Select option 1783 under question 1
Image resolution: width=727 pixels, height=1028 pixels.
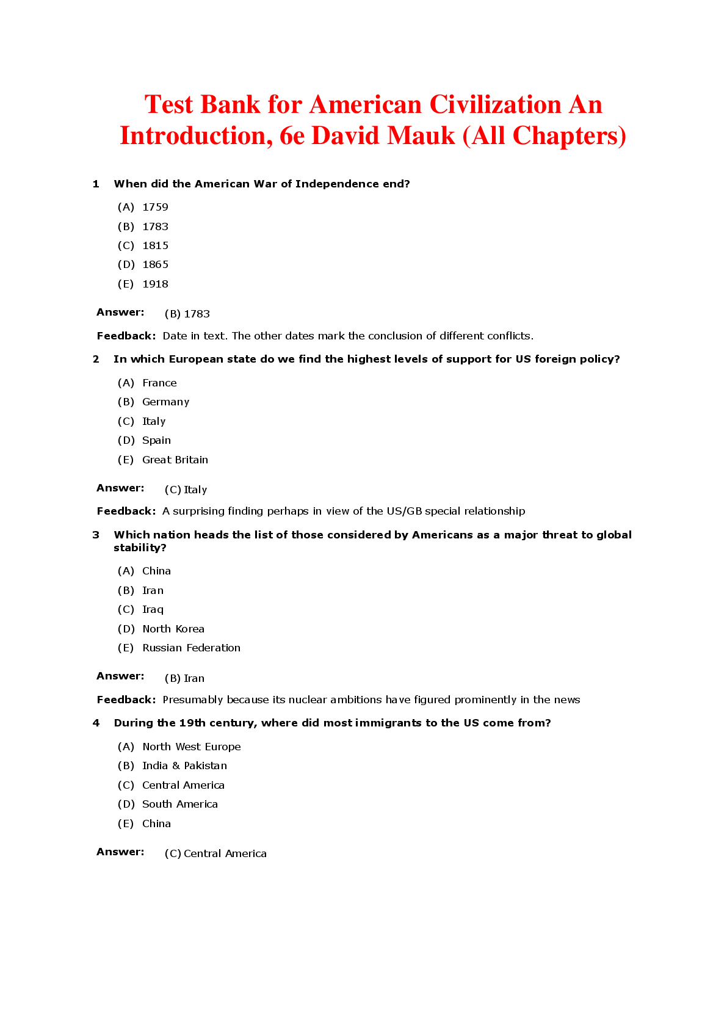[x=155, y=226]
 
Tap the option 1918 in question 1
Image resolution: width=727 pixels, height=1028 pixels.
[x=155, y=284]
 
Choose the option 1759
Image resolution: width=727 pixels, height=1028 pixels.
[x=155, y=207]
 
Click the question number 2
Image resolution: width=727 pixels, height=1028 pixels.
[x=96, y=359]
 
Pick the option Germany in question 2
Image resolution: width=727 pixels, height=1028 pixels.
[x=165, y=402]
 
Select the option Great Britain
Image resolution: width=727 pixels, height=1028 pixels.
[x=175, y=460]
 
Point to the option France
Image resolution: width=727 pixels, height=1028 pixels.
[x=159, y=383]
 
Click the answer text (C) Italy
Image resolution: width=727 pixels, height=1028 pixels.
[x=186, y=490]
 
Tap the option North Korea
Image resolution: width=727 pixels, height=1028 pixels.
[x=173, y=629]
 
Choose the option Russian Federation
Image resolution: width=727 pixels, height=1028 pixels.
[x=191, y=648]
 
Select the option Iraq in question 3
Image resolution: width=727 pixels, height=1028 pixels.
[x=153, y=609]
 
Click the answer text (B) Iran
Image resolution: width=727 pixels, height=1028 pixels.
[x=184, y=678]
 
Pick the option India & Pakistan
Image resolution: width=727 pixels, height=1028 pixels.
[x=184, y=766]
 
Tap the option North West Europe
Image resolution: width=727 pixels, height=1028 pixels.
[x=191, y=747]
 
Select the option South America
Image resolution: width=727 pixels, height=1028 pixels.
[x=179, y=804]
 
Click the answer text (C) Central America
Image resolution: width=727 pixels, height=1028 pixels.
[x=215, y=853]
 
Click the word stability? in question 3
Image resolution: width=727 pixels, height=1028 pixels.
[x=140, y=548]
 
